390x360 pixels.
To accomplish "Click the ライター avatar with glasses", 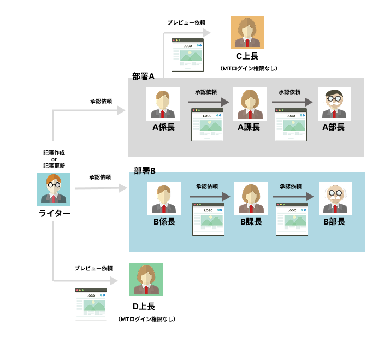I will click(54, 188).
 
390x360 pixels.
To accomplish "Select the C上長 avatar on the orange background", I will click(247, 32).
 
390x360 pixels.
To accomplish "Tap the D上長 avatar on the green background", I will click(146, 279).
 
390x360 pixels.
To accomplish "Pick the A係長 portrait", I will click(163, 104).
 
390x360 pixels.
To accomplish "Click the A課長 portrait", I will click(249, 104).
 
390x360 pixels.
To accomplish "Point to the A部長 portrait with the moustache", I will click(334, 104).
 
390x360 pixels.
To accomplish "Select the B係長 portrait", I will click(164, 198).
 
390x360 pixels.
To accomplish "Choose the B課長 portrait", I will click(250, 198).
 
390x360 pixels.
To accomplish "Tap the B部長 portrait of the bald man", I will click(335, 198).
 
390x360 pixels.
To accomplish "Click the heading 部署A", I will click(144, 76).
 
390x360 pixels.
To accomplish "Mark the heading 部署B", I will click(145, 170).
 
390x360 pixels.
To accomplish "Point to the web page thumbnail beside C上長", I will click(188, 55).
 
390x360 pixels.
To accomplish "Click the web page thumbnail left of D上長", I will click(91, 304).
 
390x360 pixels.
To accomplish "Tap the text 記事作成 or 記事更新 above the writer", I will click(54, 159).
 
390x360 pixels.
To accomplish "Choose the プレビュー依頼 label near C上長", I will click(186, 22).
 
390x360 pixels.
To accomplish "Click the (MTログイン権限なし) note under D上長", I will click(147, 319).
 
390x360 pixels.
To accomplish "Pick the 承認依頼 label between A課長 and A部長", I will click(290, 92).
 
